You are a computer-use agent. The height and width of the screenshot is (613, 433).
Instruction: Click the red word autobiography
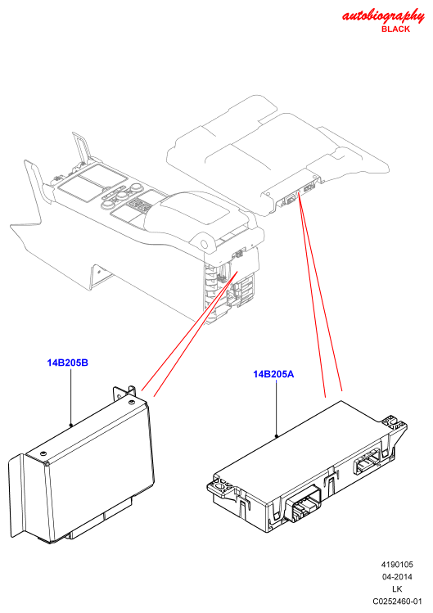click(383, 16)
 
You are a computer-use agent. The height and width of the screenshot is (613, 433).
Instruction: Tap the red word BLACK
click(395, 29)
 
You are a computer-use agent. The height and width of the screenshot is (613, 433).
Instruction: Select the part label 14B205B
click(68, 363)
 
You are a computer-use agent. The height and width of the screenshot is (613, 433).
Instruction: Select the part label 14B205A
click(273, 374)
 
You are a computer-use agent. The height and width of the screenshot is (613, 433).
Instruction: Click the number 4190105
click(397, 565)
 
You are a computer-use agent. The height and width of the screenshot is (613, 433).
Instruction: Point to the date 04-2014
click(397, 577)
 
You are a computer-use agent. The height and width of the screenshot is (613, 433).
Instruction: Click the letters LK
click(397, 588)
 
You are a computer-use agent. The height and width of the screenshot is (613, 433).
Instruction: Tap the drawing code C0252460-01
click(397, 602)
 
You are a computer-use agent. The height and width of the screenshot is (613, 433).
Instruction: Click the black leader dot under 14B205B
click(70, 425)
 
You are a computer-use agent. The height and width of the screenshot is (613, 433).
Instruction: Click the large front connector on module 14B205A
click(303, 503)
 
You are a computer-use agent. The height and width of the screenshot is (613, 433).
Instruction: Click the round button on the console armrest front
click(204, 245)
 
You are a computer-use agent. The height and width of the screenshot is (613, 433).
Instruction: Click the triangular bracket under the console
click(98, 276)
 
